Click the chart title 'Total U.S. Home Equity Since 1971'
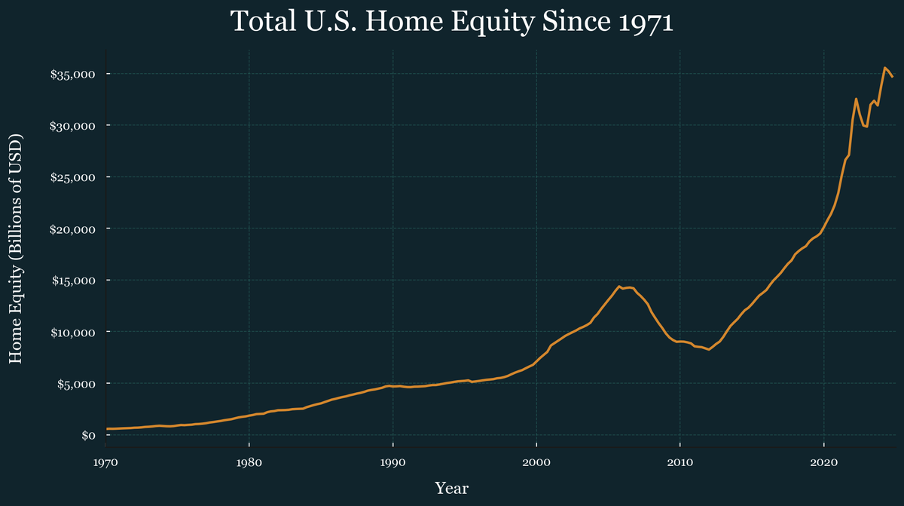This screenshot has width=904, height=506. pyautogui.click(x=451, y=21)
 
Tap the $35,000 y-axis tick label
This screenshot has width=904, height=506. pyautogui.click(x=72, y=74)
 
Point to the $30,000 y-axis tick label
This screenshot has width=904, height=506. pyautogui.click(x=72, y=125)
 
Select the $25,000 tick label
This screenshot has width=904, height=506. pyautogui.click(x=72, y=177)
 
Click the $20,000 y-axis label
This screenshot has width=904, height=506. pyautogui.click(x=72, y=228)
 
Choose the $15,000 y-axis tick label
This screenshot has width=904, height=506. pyautogui.click(x=72, y=281)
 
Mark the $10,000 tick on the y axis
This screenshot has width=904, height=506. pyautogui.click(x=72, y=332)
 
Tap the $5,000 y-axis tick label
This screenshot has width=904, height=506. pyautogui.click(x=75, y=384)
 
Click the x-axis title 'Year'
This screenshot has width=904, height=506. pyautogui.click(x=451, y=489)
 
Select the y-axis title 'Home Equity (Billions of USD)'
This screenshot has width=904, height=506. pyautogui.click(x=16, y=249)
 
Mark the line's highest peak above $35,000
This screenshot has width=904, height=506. pyautogui.click(x=884, y=68)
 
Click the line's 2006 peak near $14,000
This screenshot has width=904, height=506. pyautogui.click(x=618, y=287)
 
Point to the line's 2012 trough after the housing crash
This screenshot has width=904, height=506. pyautogui.click(x=709, y=349)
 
